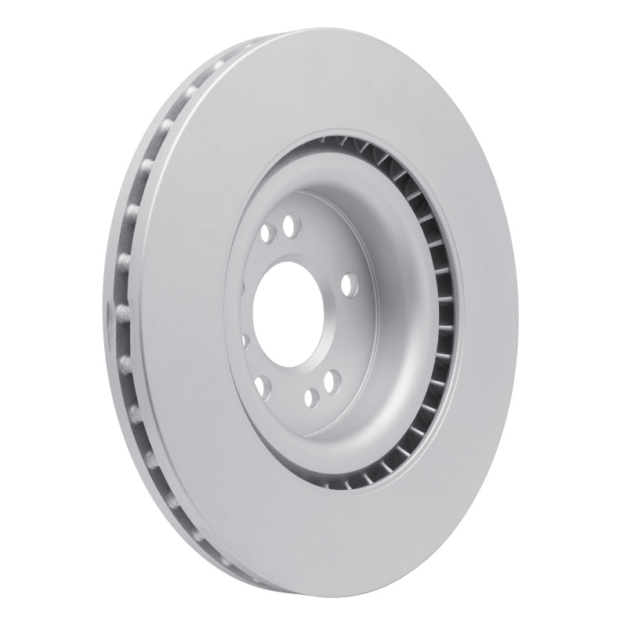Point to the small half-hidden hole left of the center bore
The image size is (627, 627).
245,341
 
